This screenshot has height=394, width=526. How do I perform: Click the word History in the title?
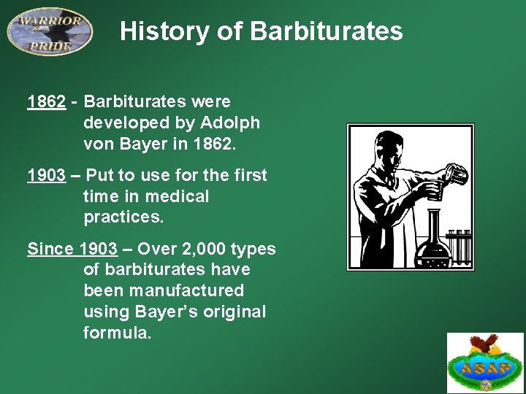click(x=154, y=31)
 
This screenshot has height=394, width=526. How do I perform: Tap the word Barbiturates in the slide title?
click(x=326, y=31)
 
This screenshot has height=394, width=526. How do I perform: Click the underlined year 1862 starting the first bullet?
click(x=46, y=102)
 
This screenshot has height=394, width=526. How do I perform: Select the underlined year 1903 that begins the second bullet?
click(x=46, y=176)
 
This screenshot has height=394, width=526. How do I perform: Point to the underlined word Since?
click(x=50, y=250)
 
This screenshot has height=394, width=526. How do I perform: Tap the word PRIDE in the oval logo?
click(x=50, y=46)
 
